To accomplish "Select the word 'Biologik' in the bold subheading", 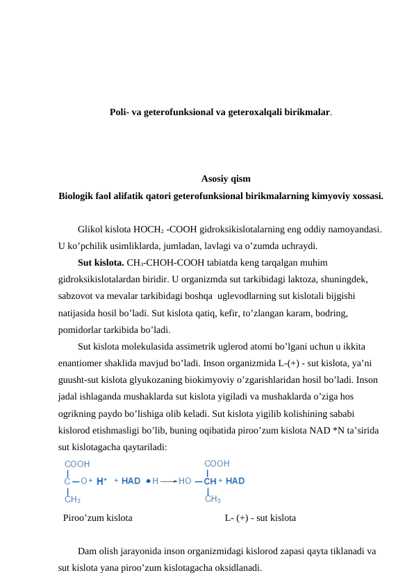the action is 78,196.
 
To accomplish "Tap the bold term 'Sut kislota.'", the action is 101,263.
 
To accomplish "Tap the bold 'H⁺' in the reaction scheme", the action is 101,480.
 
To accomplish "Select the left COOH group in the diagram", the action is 76,463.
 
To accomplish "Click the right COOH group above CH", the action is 217,463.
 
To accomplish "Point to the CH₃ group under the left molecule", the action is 72,498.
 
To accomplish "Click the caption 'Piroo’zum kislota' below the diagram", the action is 98,517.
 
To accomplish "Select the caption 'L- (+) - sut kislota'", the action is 260,517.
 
